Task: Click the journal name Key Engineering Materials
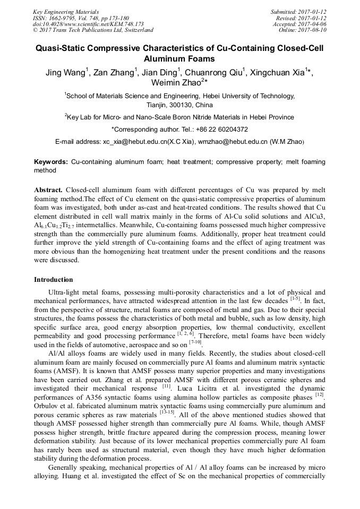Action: point(66,12)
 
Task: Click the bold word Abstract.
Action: point(49,189)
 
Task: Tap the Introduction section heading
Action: point(54,280)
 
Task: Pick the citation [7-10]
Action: point(196,344)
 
